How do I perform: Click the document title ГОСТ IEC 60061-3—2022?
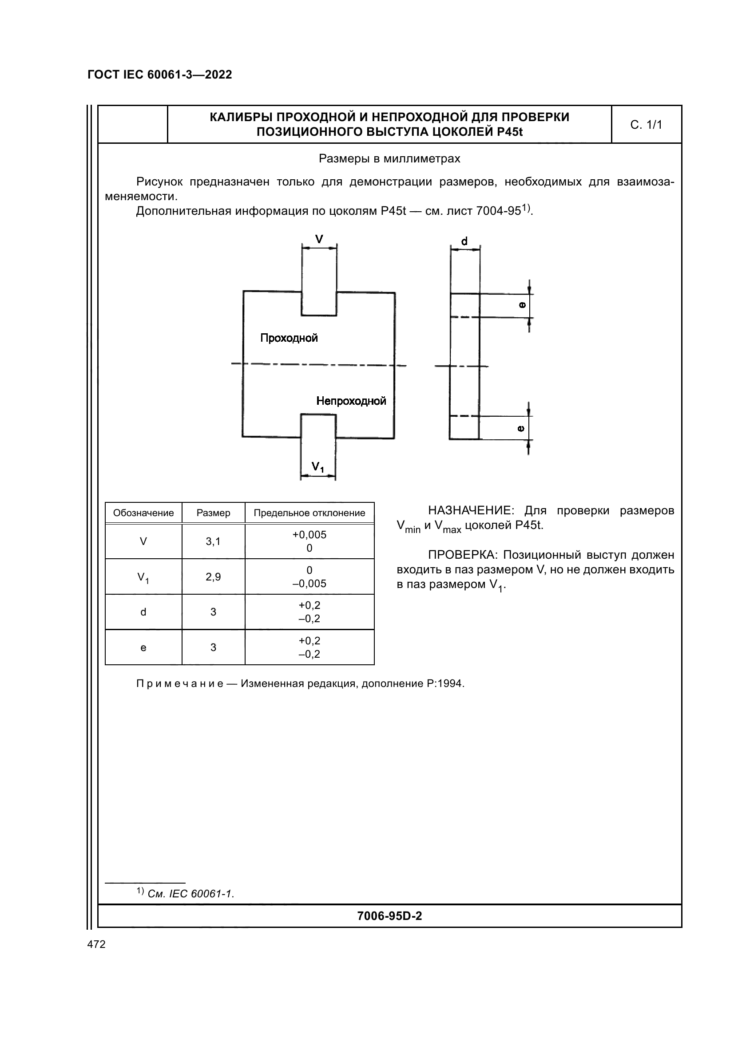pyautogui.click(x=159, y=75)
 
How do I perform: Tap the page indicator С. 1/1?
pyautogui.click(x=646, y=125)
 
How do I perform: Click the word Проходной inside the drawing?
pyautogui.click(x=289, y=338)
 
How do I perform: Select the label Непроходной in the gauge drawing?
pyautogui.click(x=351, y=401)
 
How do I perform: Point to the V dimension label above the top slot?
pyautogui.click(x=319, y=239)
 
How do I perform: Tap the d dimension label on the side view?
pyautogui.click(x=464, y=241)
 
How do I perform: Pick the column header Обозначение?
pyautogui.click(x=143, y=513)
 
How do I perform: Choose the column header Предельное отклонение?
pyautogui.click(x=309, y=513)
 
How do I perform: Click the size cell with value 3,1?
pyautogui.click(x=213, y=541)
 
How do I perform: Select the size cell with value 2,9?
pyautogui.click(x=213, y=577)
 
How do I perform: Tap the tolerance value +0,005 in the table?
pyautogui.click(x=309, y=535)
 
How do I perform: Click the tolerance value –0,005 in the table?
pyautogui.click(x=309, y=584)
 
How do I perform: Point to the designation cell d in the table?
pyautogui.click(x=143, y=612)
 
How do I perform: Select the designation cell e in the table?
pyautogui.click(x=143, y=648)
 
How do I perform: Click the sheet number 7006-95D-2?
pyautogui.click(x=389, y=916)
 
